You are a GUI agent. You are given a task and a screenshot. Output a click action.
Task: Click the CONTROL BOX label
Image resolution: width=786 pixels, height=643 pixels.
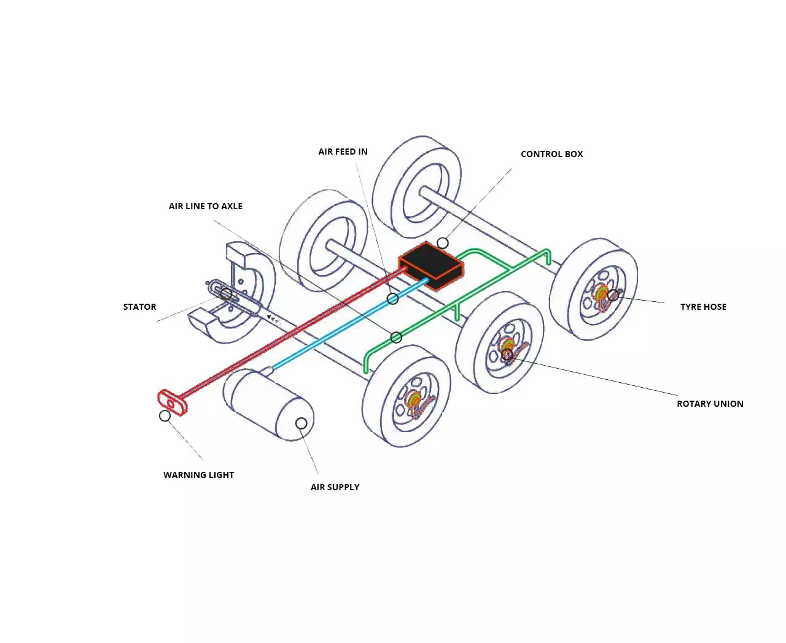point(551,154)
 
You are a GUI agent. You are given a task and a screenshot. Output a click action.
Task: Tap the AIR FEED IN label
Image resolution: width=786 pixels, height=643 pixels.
point(343,152)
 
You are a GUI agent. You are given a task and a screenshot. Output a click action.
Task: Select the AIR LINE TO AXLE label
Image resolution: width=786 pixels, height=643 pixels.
point(205,206)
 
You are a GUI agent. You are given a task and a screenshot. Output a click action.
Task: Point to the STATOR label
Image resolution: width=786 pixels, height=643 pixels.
point(140,307)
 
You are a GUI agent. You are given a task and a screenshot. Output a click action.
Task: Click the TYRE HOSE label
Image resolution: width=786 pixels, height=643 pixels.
point(703,307)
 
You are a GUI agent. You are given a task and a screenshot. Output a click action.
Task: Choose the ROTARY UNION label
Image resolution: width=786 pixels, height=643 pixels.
point(710,404)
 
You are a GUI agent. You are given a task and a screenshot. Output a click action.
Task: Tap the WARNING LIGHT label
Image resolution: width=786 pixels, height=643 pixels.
point(198,475)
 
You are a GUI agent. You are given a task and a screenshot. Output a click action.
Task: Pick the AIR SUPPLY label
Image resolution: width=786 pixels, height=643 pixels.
point(335,487)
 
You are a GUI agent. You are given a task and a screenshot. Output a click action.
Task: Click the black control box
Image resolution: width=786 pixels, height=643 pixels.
point(431,265)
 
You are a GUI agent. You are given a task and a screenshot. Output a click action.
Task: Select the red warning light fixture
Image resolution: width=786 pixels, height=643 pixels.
point(172,402)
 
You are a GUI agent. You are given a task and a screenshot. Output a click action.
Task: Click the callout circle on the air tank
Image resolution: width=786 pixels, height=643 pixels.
point(301,423)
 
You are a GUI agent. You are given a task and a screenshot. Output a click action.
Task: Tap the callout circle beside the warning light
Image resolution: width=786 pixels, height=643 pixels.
point(165,416)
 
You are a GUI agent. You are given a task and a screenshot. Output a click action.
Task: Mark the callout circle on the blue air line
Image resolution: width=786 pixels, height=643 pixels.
point(392,299)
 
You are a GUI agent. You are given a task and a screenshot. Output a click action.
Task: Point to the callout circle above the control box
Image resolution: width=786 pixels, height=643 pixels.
point(442,243)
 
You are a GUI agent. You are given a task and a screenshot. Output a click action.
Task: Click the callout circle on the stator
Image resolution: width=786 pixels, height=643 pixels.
point(226,294)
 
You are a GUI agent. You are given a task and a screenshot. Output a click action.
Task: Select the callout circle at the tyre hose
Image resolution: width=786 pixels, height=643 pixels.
point(613,295)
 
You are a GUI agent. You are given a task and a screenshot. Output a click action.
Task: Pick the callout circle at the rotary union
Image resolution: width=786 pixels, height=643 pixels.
point(507,355)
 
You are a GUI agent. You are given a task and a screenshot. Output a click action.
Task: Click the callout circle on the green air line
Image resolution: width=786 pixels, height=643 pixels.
point(396,337)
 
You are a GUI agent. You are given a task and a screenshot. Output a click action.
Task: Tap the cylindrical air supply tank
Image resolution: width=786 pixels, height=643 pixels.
point(268,404)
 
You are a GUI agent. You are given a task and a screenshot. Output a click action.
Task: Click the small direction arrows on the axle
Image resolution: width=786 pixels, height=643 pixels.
point(273,319)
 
